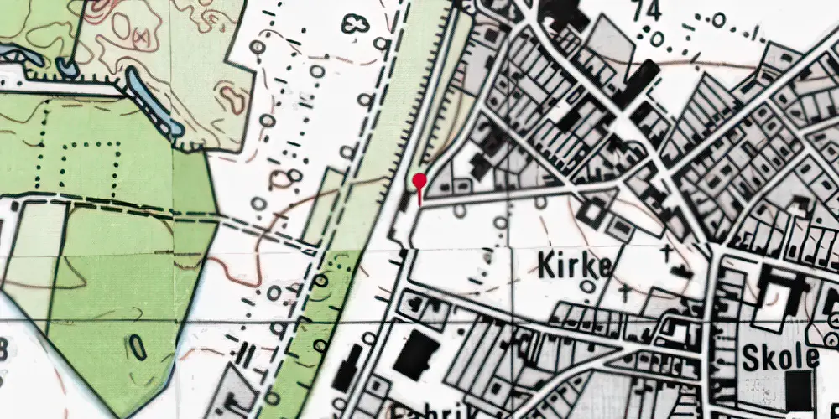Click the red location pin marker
click(x=419, y=180)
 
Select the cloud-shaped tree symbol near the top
click(x=354, y=23)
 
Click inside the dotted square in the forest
click(x=91, y=163)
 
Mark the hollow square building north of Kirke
click(x=591, y=211)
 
